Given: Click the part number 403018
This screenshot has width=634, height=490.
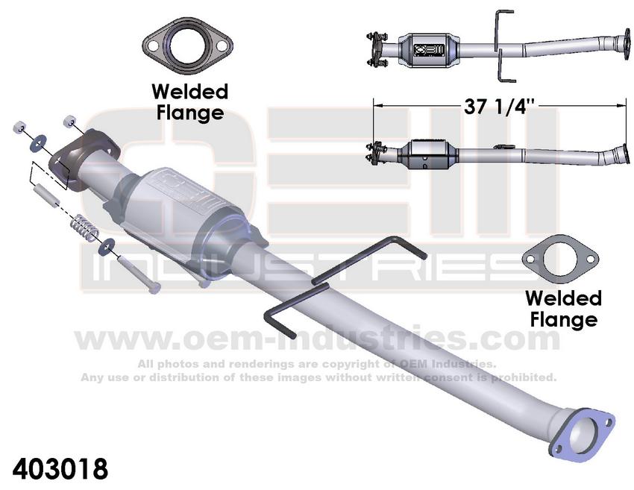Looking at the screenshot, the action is (x=60, y=469).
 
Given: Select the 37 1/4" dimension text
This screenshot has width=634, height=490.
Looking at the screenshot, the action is (x=499, y=107).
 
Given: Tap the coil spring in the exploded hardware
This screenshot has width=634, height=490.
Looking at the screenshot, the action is (x=85, y=228).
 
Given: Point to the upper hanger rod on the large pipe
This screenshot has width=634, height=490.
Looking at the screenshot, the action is (x=368, y=259).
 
